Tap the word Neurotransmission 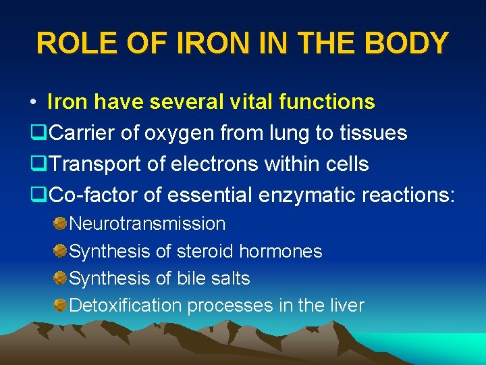pyautogui.click(x=147, y=223)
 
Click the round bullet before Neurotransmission pyautogui.click(x=60, y=223)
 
